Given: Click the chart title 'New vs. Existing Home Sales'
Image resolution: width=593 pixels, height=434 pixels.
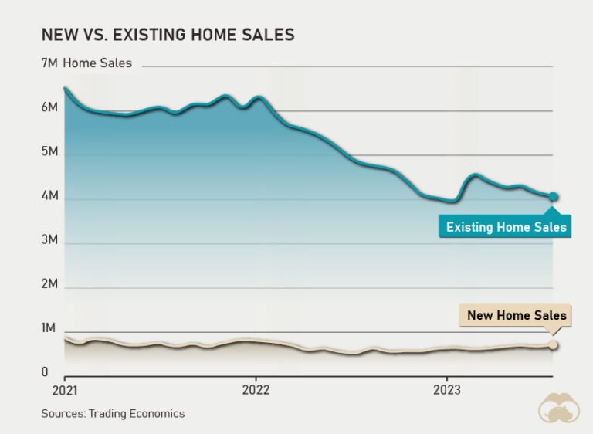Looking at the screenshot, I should (168, 35).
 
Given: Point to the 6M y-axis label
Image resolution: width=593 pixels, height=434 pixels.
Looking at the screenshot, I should (49, 107).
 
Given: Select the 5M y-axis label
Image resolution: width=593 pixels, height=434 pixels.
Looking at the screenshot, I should (49, 152).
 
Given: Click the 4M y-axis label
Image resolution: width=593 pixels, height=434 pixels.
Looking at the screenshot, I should (49, 196).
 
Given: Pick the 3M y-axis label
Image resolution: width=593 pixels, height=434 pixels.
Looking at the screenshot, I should (49, 240).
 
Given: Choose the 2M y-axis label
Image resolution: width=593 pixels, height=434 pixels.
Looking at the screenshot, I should (49, 284).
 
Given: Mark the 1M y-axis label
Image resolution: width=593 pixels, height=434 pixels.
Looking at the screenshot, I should (49, 329).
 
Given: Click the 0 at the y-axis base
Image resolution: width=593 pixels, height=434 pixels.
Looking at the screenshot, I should (45, 373).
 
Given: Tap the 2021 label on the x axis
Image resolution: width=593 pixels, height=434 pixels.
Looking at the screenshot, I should (64, 390).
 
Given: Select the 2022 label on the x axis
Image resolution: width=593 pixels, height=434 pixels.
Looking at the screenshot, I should (256, 390).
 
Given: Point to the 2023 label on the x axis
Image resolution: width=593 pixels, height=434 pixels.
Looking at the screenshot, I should (447, 390).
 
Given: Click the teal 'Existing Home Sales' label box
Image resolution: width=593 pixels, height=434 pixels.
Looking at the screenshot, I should (506, 227).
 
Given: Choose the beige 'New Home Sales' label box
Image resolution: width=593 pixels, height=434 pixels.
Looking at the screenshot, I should (516, 315).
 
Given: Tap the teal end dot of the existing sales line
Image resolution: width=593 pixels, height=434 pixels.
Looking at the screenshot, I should (554, 197).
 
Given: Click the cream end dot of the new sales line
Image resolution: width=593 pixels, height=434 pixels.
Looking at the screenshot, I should (554, 344).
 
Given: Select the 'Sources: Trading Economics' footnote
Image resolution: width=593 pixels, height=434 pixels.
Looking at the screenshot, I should (113, 414).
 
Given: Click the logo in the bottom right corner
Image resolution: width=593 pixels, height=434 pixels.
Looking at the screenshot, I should (559, 408).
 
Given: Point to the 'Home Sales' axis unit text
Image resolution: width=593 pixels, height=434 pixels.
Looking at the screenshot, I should (97, 63).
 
